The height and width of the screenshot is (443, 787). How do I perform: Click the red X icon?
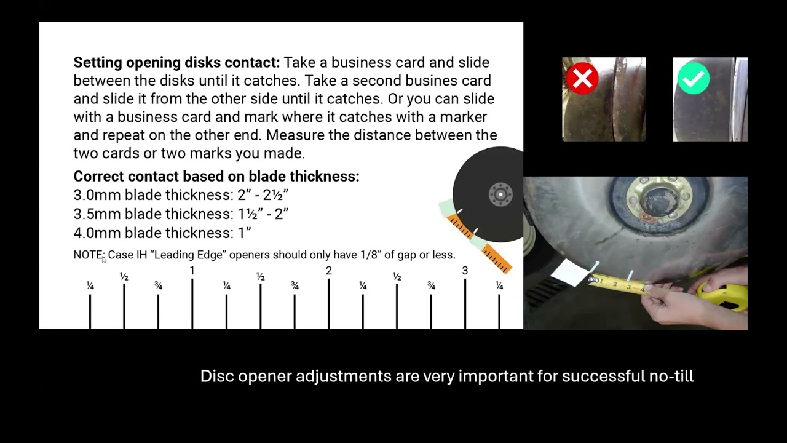coord(582,78)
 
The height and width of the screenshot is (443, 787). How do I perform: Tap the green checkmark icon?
coord(694,78)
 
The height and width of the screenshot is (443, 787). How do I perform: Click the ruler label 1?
coord(192,271)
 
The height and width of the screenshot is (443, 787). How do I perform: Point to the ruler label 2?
coord(328,271)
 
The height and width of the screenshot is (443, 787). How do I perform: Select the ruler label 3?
coord(465,271)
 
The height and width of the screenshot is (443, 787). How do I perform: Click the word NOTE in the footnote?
coord(89,255)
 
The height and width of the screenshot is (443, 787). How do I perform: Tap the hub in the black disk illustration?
coord(500,194)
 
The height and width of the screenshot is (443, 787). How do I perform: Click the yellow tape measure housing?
coord(723,297)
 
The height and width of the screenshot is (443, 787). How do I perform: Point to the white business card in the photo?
coord(570,273)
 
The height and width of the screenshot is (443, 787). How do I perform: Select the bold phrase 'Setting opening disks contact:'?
coord(176,63)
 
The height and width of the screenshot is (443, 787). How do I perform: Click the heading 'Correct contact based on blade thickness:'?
coord(216,176)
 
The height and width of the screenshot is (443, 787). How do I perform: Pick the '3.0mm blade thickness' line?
coord(181,195)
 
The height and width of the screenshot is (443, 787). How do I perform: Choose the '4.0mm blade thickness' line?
coord(162,233)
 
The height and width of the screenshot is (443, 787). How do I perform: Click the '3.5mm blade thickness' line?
coord(181,214)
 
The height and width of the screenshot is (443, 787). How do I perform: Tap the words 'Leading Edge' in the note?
coord(188,255)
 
